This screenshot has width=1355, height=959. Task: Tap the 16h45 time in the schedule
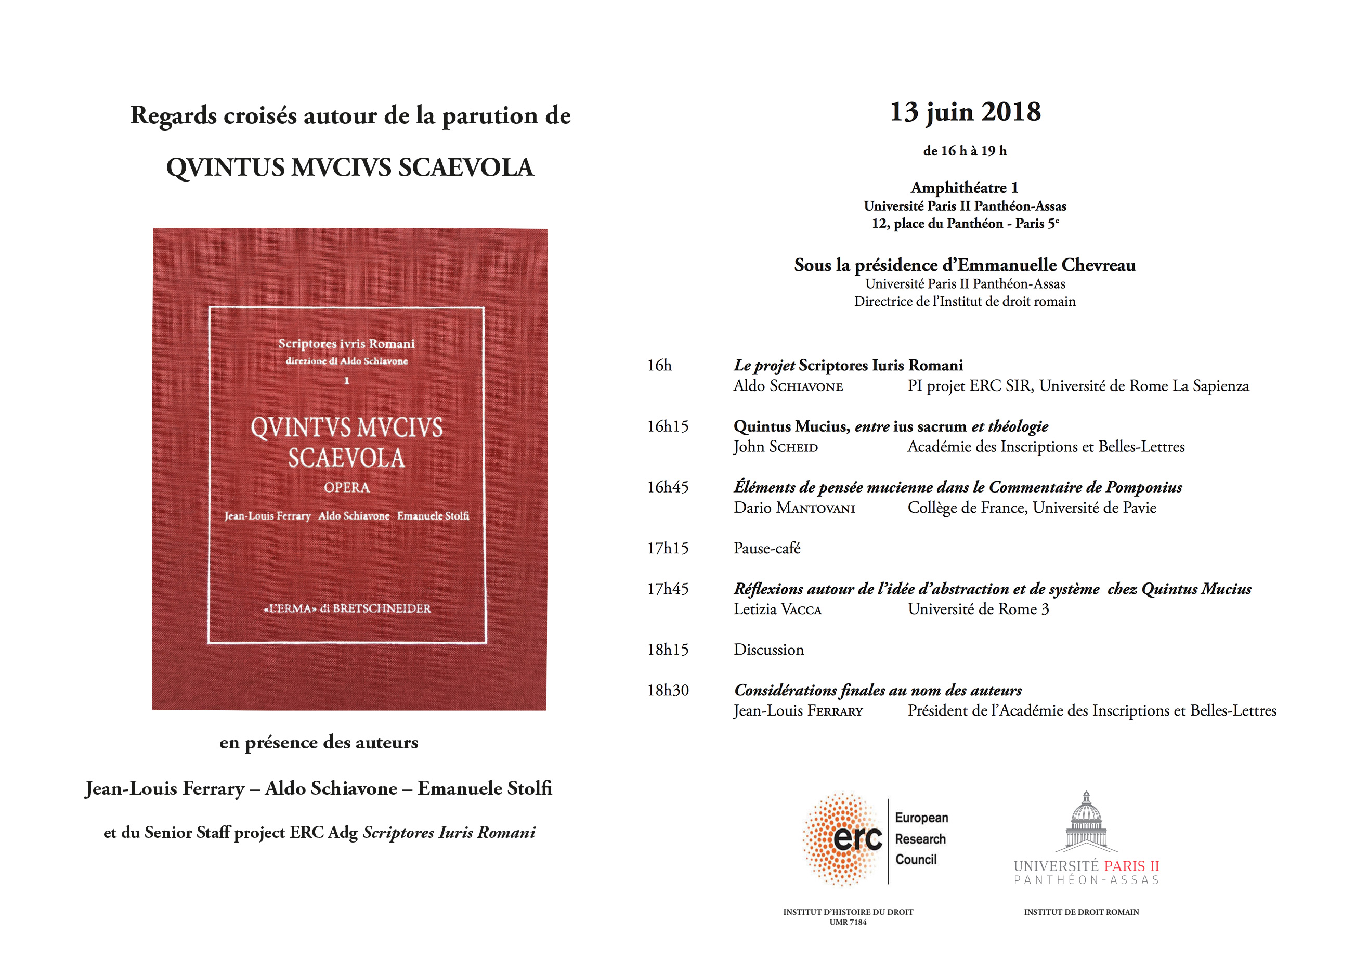(668, 487)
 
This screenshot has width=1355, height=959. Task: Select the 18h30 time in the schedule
(668, 690)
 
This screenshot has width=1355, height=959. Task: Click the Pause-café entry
(767, 549)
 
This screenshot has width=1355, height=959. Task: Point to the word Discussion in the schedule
(768, 650)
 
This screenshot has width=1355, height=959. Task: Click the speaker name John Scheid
(775, 447)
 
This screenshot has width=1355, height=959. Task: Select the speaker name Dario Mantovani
(794, 508)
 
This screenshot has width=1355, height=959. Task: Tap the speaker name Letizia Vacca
(777, 610)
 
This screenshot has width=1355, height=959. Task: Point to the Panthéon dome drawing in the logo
(1086, 821)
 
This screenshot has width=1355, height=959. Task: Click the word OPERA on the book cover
(347, 488)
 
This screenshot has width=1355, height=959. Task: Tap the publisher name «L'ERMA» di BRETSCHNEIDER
(347, 609)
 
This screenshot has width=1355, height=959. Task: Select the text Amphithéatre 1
(964, 188)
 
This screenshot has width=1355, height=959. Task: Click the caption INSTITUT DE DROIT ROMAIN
(1081, 912)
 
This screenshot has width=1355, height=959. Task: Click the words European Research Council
(921, 838)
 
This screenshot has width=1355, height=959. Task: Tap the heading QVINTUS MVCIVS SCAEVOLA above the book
(350, 167)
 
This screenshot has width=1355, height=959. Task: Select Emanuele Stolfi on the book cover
(433, 516)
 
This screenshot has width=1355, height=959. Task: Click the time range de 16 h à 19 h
(965, 151)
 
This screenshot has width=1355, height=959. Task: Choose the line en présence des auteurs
(319, 742)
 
